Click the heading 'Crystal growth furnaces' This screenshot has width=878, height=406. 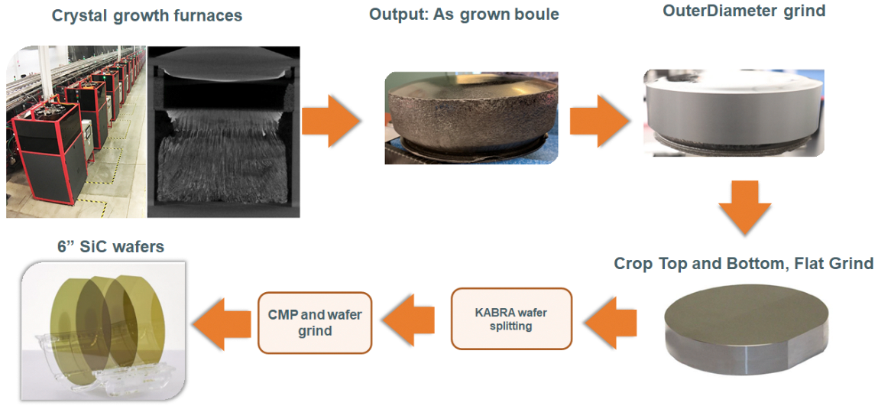click(147, 15)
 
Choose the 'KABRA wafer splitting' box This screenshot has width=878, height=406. click(511, 319)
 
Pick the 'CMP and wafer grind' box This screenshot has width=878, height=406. click(315, 323)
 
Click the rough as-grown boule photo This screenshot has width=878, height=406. click(471, 118)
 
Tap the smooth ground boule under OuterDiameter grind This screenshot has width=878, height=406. click(734, 112)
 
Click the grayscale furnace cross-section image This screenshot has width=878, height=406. click(224, 132)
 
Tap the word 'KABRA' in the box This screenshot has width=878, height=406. click(491, 313)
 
